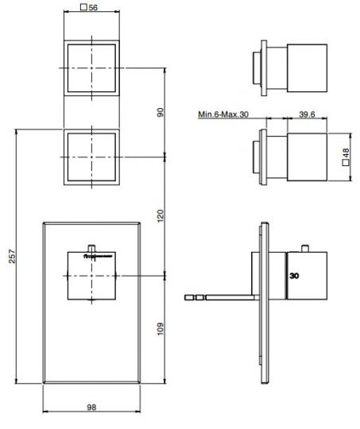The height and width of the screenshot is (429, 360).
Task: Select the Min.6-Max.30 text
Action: [224, 114]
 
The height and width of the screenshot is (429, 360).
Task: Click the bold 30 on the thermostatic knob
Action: [295, 277]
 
